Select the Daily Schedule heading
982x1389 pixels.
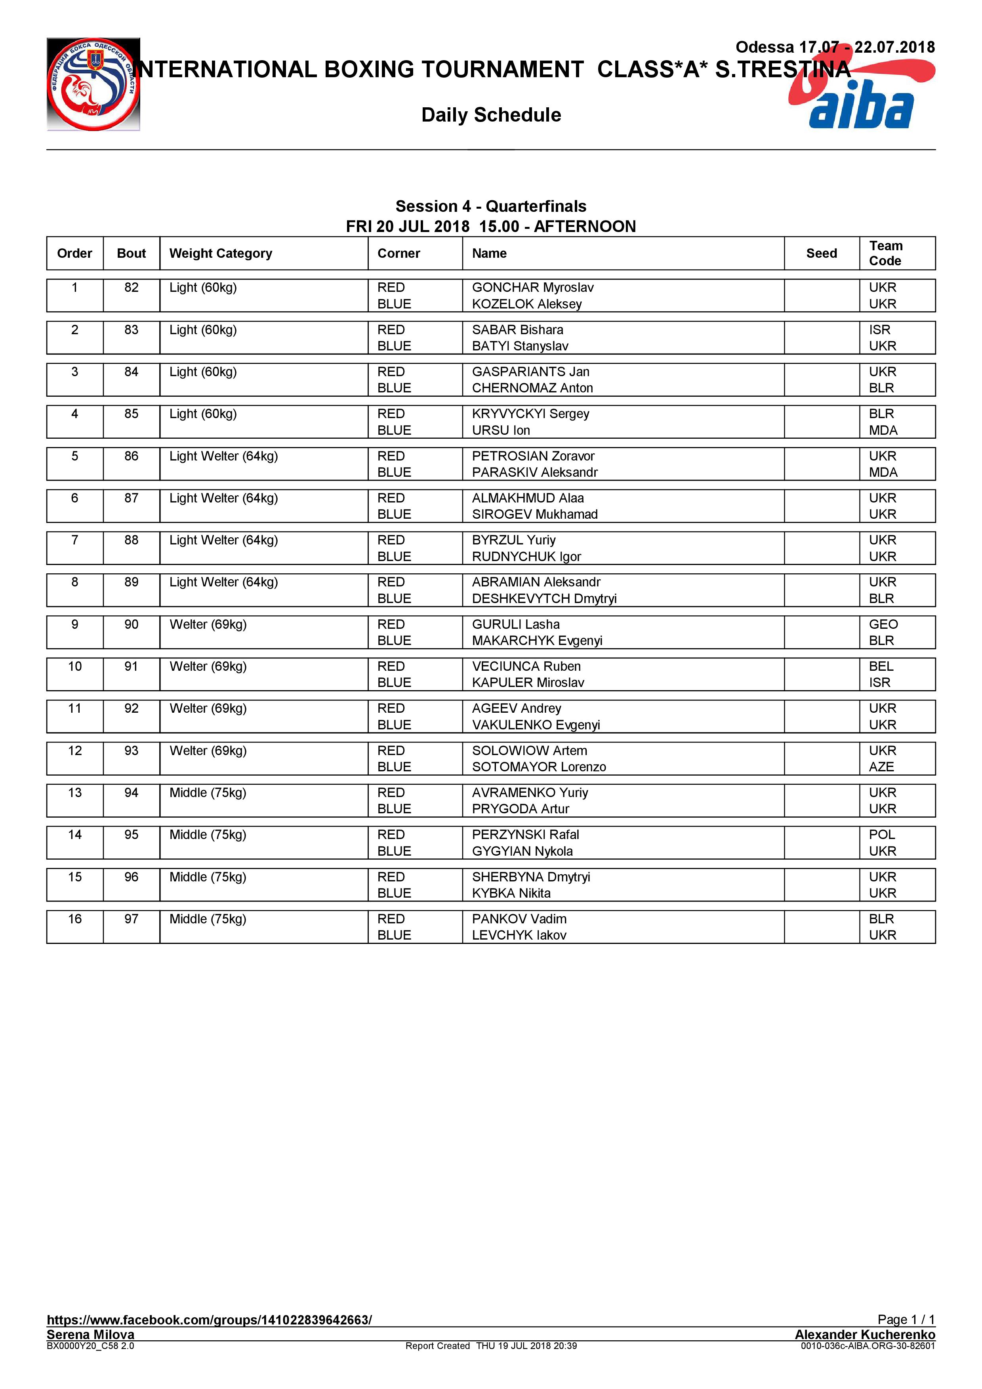[491, 115]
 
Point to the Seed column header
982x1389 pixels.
[821, 253]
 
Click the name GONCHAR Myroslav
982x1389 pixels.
[532, 287]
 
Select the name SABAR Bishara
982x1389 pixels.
[517, 330]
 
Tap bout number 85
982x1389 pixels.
[131, 414]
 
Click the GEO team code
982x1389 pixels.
[883, 624]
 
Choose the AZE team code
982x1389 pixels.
[881, 767]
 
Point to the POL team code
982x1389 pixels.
[881, 834]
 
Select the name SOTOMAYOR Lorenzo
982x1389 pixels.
[538, 767]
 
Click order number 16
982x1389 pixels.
[74, 919]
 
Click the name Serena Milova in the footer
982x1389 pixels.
[90, 1334]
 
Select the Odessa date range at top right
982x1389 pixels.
[835, 47]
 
